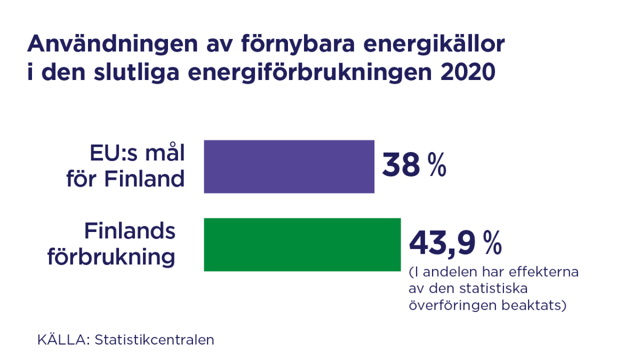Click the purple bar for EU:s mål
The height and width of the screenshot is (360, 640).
(x=289, y=166)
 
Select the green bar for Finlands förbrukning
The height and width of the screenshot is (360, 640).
(x=302, y=244)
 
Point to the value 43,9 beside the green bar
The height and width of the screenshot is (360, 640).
(x=442, y=243)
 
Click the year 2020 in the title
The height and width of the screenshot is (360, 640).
(x=468, y=73)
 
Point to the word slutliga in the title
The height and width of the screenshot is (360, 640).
(x=141, y=73)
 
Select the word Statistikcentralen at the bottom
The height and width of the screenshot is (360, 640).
(x=154, y=340)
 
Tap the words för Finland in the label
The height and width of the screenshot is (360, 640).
(x=125, y=179)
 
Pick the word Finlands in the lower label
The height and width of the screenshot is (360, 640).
(x=130, y=231)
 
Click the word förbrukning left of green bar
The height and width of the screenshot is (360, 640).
(x=111, y=257)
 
